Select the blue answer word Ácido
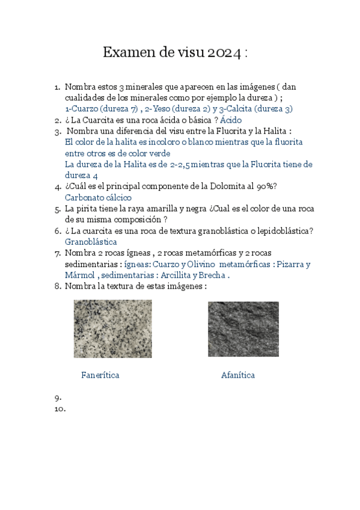[x=231, y=120]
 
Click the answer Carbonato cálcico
[x=98, y=197]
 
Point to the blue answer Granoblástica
[x=91, y=241]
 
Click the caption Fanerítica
[x=100, y=375]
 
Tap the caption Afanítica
[x=237, y=375]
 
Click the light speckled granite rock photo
[x=112, y=329]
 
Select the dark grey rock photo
[x=243, y=329]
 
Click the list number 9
[x=57, y=398]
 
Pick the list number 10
[x=59, y=408]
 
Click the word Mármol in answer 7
[x=79, y=275]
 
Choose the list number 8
[x=57, y=286]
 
